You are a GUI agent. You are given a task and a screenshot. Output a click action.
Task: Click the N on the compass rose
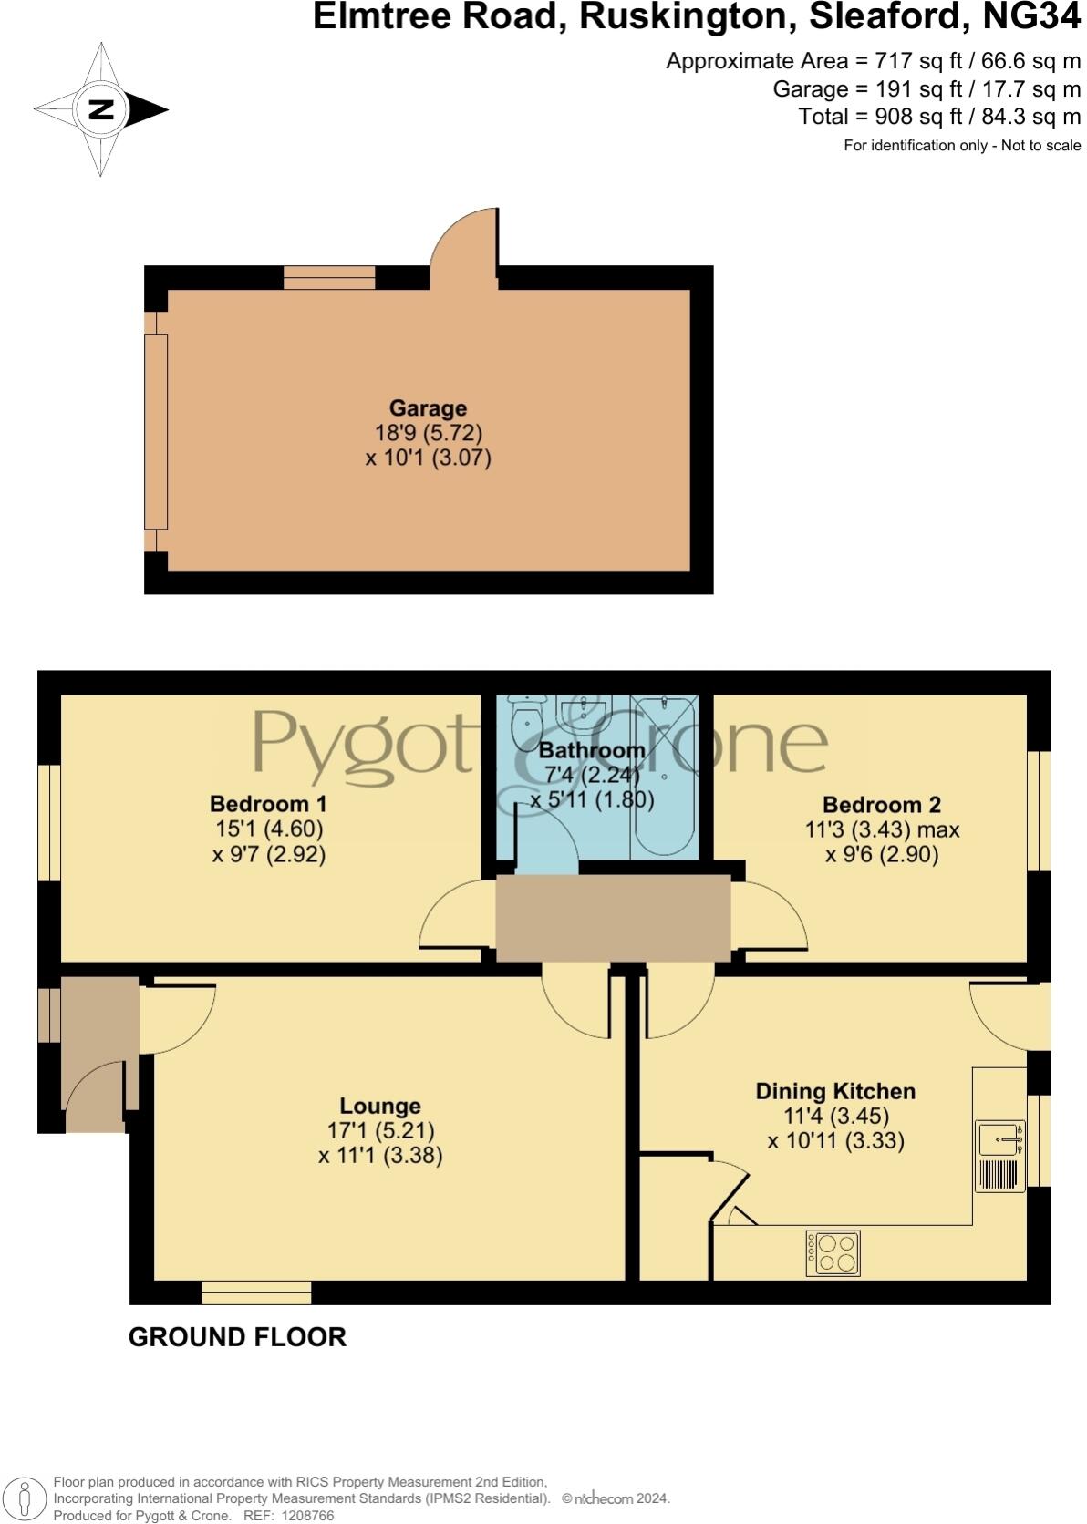[x=100, y=109]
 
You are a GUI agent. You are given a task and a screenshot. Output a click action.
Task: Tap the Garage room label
[x=428, y=408]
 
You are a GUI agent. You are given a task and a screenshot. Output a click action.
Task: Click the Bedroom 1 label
[x=268, y=804]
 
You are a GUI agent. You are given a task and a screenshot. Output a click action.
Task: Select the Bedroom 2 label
[x=881, y=805]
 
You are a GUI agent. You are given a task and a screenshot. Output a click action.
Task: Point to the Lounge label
[x=380, y=1106]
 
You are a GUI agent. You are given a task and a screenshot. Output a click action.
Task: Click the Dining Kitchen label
[x=835, y=1091]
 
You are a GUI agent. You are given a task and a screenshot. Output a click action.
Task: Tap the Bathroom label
[x=592, y=750]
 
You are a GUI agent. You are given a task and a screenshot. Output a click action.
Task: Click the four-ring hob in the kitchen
[x=833, y=1252]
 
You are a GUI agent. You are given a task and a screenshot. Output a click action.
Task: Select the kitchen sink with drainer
[x=1000, y=1156]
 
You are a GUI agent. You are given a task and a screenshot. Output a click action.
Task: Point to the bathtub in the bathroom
[x=665, y=775]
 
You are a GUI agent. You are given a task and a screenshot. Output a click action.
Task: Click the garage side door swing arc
[x=462, y=242]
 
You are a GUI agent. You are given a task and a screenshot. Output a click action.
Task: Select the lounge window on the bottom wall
[x=256, y=1292]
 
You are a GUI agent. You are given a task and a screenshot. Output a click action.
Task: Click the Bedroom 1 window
[x=49, y=823]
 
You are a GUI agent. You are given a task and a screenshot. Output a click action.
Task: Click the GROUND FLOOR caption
[x=237, y=1337]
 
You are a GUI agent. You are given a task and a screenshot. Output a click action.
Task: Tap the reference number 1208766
[x=309, y=1516]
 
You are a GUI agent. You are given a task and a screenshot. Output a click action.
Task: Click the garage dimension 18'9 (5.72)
[x=429, y=433]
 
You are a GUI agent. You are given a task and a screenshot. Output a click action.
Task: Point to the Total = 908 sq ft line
[x=939, y=117]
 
